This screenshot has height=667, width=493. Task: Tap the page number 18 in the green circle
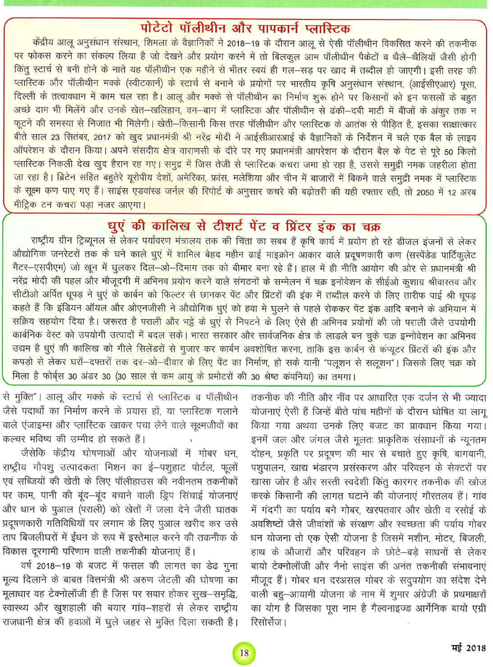tap(244, 653)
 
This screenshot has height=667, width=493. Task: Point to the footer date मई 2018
tap(468, 647)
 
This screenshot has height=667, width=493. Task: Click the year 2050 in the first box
tap(424, 192)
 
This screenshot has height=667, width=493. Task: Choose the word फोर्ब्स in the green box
tap(49, 377)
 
